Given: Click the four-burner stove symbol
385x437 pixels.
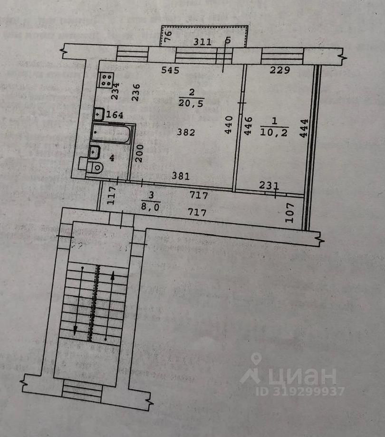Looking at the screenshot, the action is (x=106, y=79).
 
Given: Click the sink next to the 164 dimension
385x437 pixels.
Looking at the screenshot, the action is (x=99, y=114).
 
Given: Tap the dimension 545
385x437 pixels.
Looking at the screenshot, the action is (x=170, y=71).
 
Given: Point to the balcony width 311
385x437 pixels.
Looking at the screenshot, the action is (x=202, y=42).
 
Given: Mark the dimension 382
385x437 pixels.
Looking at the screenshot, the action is (x=186, y=133).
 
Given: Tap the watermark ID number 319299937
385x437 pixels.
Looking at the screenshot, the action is (x=300, y=392).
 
